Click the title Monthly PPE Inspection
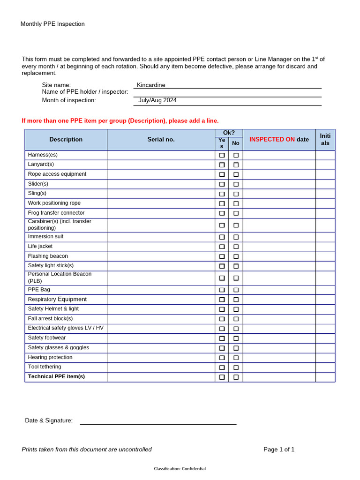(52, 24)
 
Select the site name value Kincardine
(151, 85)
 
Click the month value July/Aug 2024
(157, 100)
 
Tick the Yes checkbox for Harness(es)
(222, 155)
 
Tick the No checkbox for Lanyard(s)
(236, 165)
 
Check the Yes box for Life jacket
(222, 247)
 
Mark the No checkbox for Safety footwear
(236, 338)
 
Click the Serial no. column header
(161, 139)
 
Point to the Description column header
(66, 139)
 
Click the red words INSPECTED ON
(272, 139)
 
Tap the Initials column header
(325, 139)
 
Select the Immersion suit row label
(45, 237)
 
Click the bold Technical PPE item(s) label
(56, 376)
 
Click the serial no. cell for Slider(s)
(161, 184)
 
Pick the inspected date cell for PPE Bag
(279, 290)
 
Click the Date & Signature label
(49, 420)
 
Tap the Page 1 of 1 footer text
(279, 449)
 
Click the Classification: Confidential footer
(180, 469)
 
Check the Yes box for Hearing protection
(222, 358)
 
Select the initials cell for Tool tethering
(325, 367)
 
